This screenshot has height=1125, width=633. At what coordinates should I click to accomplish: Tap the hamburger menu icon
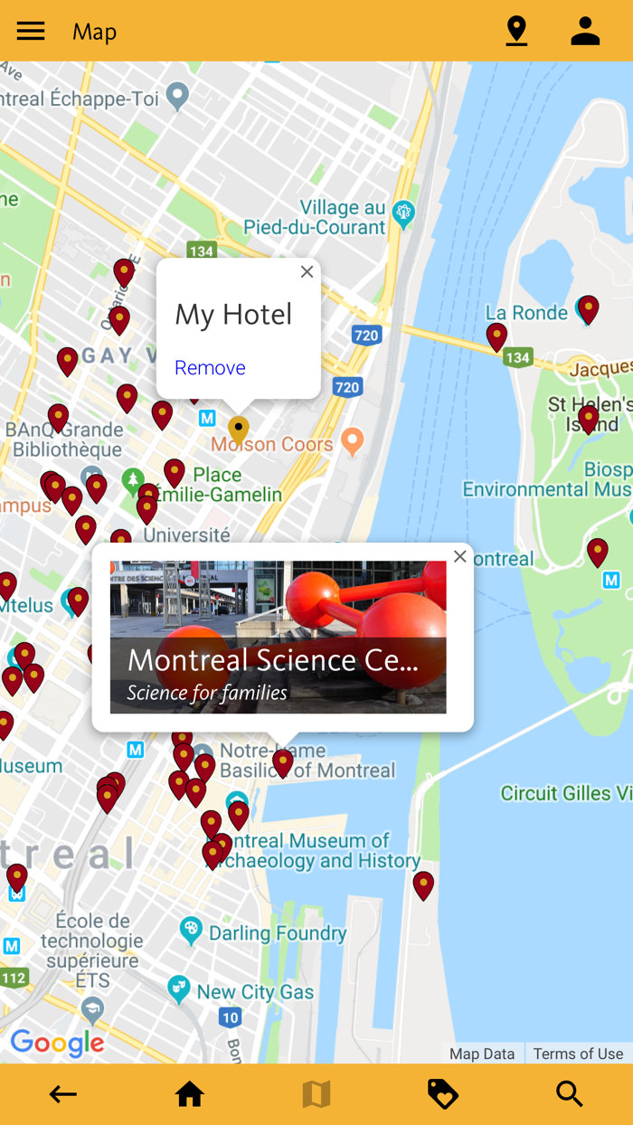(31, 31)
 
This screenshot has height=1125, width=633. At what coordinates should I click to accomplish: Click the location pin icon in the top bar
(516, 31)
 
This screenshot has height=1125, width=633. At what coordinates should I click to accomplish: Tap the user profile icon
(585, 31)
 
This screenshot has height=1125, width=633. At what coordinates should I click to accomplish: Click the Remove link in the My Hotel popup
(210, 367)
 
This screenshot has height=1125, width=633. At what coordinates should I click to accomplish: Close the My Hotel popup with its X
(307, 272)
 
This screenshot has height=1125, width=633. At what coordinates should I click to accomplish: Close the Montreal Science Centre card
(460, 557)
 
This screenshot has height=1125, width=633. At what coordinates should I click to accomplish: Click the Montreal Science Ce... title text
(272, 660)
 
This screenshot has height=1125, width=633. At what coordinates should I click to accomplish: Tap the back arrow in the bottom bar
(62, 1094)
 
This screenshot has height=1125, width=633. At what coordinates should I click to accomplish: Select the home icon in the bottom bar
(190, 1094)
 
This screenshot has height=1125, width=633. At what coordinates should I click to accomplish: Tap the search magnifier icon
(570, 1094)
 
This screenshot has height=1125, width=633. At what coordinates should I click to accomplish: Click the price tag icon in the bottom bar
(443, 1094)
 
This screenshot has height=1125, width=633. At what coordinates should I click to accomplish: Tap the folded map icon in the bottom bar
(316, 1094)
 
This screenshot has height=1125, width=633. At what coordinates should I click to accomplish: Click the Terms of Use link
(578, 1054)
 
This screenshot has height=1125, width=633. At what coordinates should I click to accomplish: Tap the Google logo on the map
(58, 1044)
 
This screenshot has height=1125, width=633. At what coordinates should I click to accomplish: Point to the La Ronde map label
(526, 313)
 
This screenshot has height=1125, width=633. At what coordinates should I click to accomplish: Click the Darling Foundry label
(278, 932)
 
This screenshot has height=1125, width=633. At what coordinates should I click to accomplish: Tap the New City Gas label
(255, 992)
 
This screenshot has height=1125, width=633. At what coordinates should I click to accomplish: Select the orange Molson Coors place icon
(353, 440)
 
